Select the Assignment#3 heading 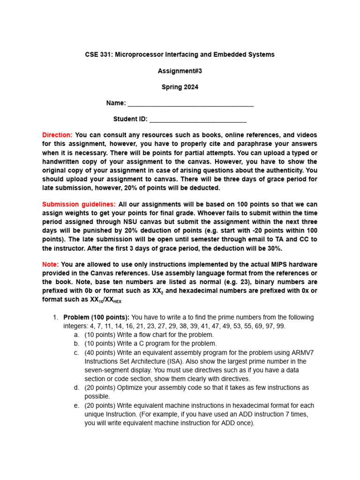point(180,71)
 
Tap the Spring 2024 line point(180,87)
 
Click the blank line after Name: point(190,104)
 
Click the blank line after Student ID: point(198,120)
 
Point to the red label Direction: point(57,135)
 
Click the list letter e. point(76,405)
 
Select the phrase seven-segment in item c point(106,370)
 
